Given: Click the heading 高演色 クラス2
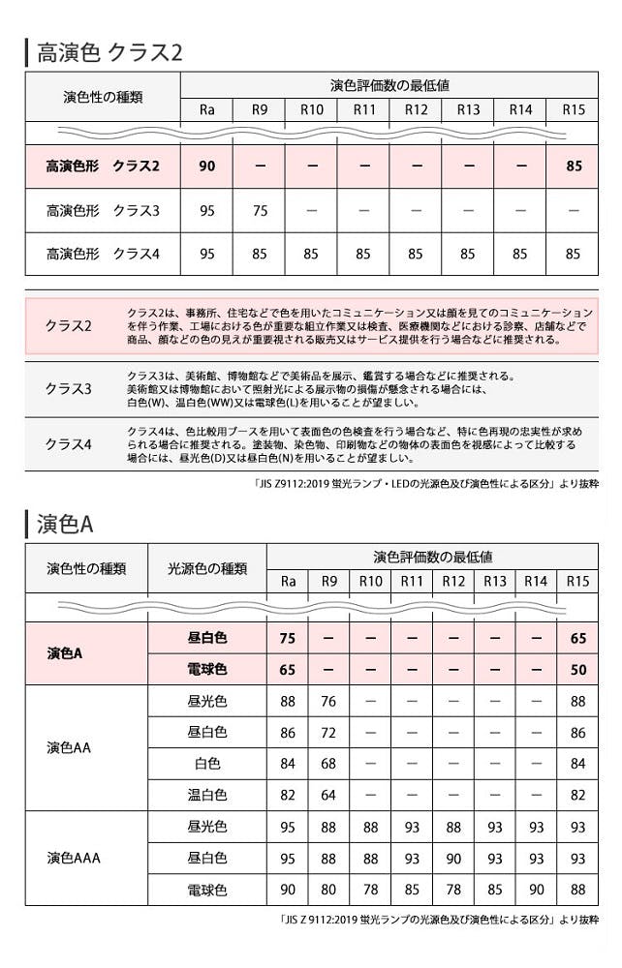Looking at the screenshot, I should pos(109,51).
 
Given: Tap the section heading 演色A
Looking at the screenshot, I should pos(65,524).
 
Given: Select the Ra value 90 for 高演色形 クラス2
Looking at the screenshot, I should pos(206,166).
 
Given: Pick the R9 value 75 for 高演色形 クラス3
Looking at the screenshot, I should pos(259,210).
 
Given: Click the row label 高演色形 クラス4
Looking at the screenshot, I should pos(102,254).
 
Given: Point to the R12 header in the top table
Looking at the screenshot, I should pos(416,109).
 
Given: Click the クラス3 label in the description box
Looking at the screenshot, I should pos(68,388).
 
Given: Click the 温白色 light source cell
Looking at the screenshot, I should pos(206,795).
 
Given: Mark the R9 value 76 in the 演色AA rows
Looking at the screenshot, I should pos(328,702).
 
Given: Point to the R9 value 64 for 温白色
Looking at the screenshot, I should pos(328,795).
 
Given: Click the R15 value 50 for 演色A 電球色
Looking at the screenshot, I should pos(577,669).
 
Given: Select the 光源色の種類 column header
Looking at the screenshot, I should pos(206,568).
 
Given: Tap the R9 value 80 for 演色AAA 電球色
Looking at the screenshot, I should pos(328,889).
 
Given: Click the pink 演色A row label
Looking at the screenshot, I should pos(65,653).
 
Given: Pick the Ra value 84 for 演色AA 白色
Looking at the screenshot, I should pos(287,764).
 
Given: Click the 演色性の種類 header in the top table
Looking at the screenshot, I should pos(102,97).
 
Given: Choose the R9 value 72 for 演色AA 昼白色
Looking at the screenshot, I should pos(328,733).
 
